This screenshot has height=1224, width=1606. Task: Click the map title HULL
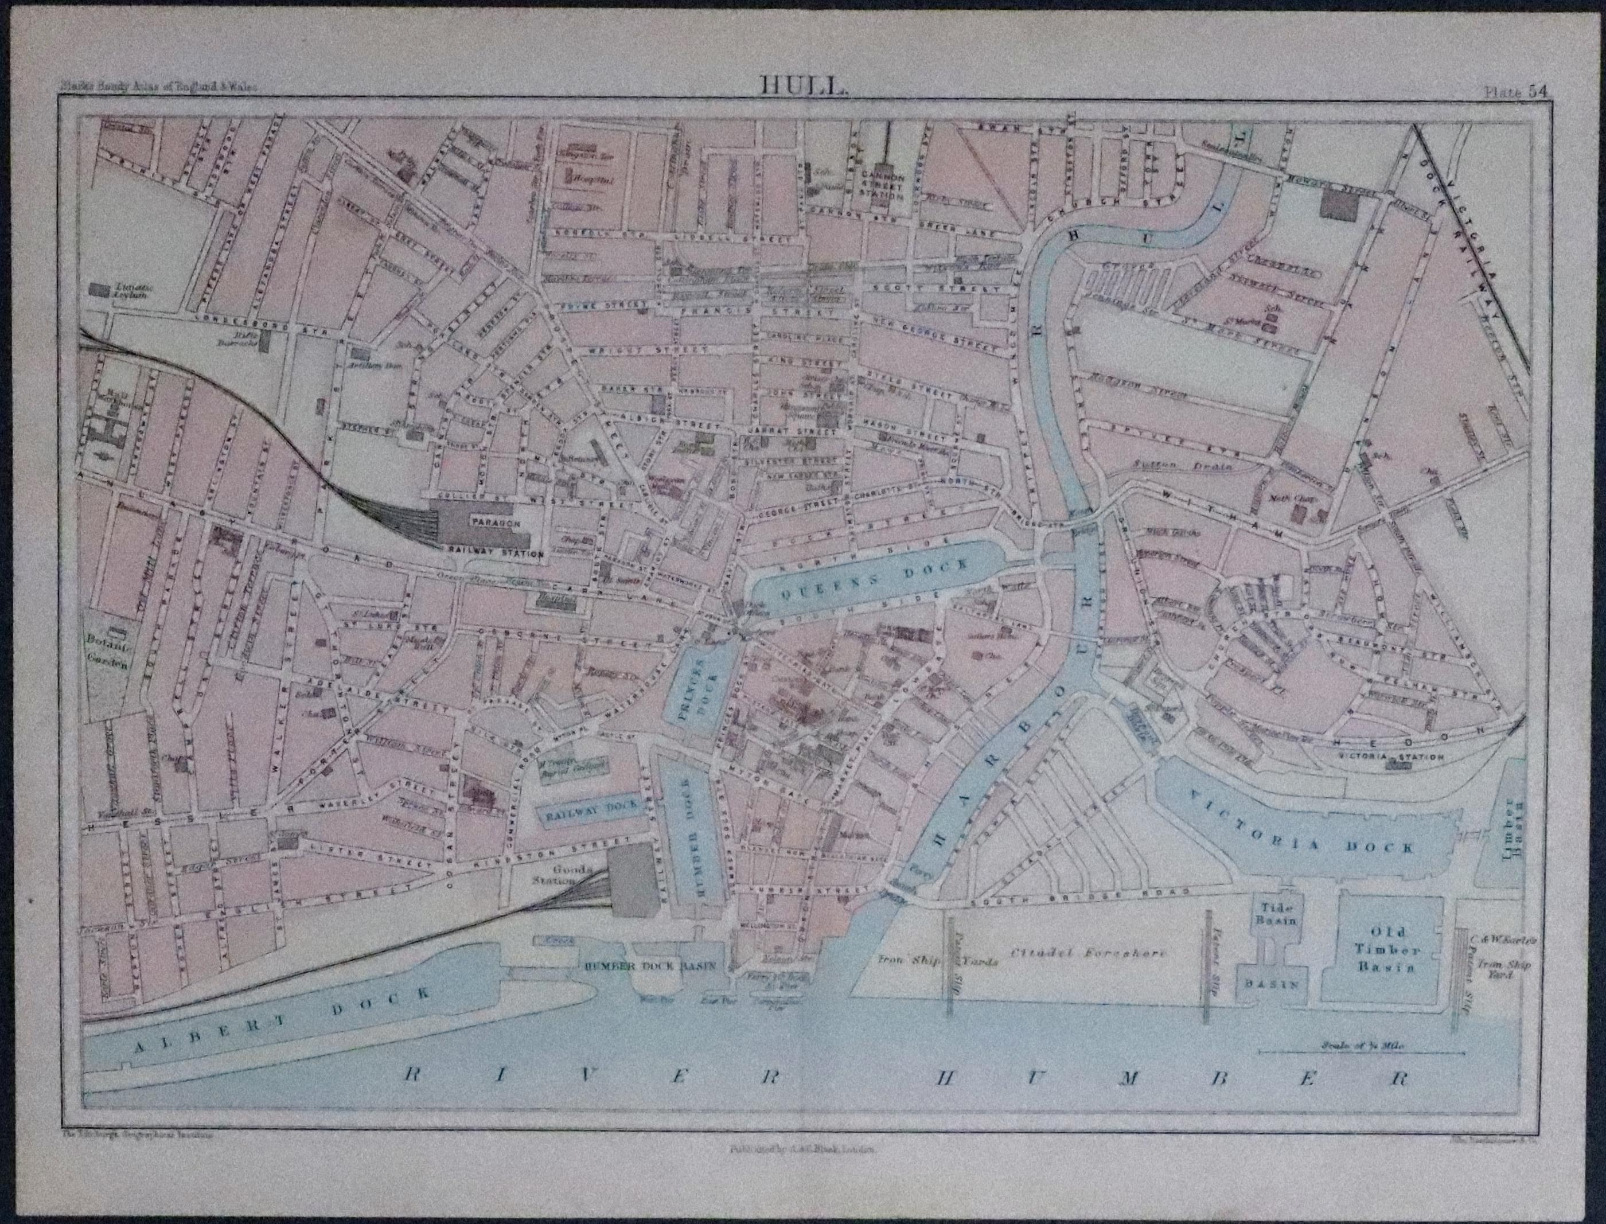click(803, 86)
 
